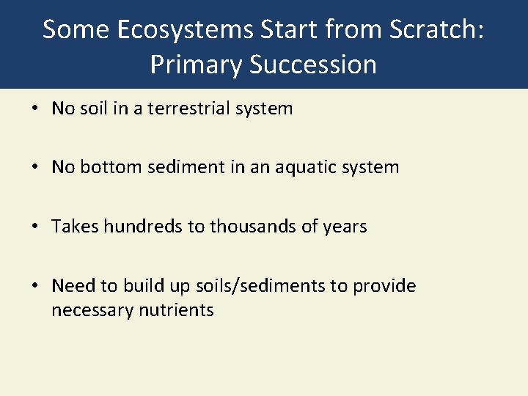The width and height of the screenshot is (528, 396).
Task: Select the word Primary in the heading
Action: click(196, 65)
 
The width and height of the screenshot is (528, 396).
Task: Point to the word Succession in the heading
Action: click(313, 65)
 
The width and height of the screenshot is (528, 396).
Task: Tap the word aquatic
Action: click(304, 167)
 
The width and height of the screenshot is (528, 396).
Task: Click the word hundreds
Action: click(144, 227)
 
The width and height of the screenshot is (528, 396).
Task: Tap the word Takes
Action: click(75, 227)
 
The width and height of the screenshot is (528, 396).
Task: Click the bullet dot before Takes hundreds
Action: click(36, 227)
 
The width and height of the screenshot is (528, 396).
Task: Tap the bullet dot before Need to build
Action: click(36, 285)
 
